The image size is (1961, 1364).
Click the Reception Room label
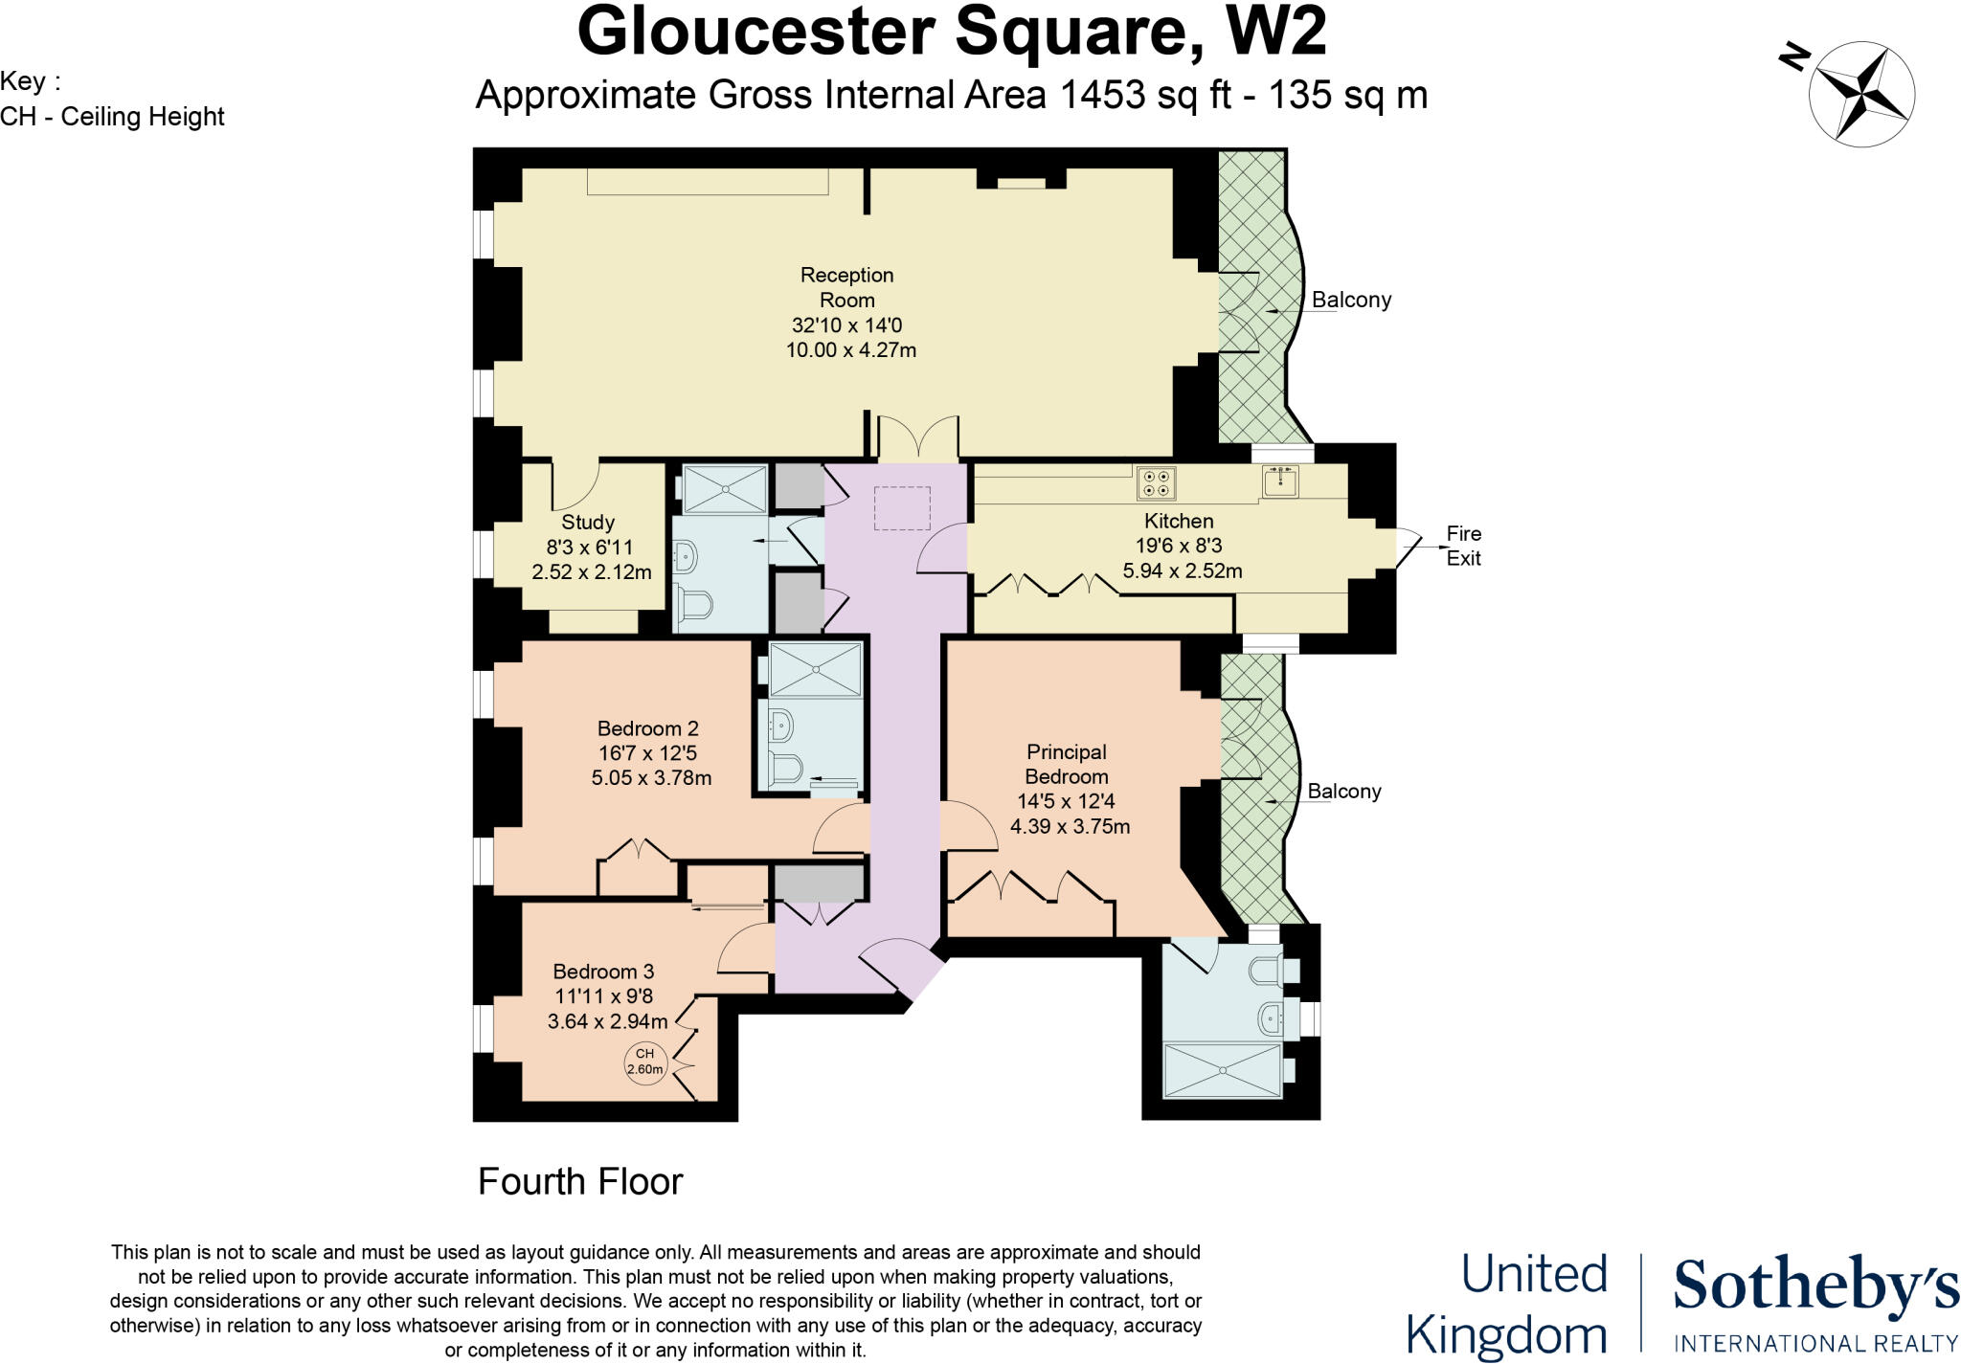point(846,287)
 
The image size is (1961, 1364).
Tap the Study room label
point(587,523)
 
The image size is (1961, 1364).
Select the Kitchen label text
point(1179,521)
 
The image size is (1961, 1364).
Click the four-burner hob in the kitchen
point(1156,482)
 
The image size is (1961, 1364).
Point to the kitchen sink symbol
point(1280,481)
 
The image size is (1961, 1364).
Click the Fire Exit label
point(1463,546)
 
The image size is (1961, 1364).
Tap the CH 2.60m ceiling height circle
point(644,1062)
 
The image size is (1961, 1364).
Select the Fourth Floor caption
point(579,1182)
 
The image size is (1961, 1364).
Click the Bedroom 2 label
point(647,728)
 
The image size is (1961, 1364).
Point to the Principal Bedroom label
point(1066,764)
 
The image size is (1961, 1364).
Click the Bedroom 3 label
point(603,972)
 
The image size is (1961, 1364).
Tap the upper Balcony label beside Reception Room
point(1351,300)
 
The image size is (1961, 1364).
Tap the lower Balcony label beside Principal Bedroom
point(1344,791)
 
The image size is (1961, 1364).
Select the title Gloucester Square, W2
point(952,33)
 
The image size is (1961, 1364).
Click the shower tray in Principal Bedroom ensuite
point(1221,1070)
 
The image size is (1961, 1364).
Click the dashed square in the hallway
point(903,508)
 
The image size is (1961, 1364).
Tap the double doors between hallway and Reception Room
point(918,438)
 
